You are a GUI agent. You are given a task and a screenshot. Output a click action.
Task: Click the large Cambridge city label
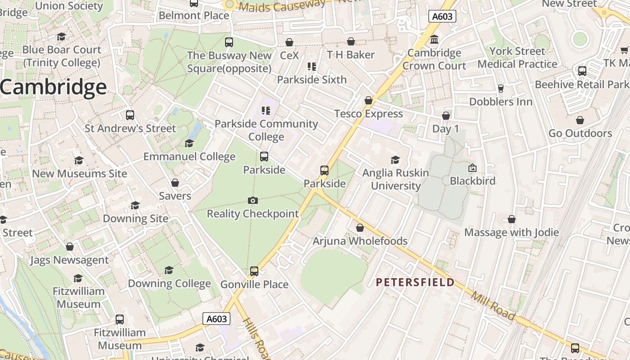tap(54, 87)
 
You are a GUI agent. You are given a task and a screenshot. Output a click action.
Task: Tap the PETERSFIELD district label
tap(415, 282)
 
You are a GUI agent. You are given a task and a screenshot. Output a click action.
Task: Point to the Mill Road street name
tap(493, 306)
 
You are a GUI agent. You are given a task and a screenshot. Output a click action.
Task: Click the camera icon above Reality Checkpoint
tap(253, 200)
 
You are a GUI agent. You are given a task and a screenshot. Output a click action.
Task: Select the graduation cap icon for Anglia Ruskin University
tap(396, 160)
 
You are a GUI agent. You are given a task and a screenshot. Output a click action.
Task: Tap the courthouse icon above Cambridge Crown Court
tap(434, 40)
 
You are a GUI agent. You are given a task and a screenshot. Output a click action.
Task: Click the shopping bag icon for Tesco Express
tap(369, 100)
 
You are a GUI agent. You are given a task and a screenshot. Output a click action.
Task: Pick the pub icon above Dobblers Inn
tap(500, 88)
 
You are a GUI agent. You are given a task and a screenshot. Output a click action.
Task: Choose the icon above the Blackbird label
tap(472, 168)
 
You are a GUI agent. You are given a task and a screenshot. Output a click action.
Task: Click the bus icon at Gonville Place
tap(254, 271)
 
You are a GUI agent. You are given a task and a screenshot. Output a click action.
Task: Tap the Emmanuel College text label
tap(189, 157)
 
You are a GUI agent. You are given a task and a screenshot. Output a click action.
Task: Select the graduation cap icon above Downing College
tap(169, 270)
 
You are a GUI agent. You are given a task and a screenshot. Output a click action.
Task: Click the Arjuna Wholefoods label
tap(360, 241)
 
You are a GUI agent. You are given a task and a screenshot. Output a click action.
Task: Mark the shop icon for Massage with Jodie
tap(512, 219)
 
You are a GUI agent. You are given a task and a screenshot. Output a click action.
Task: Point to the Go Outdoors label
tap(580, 133)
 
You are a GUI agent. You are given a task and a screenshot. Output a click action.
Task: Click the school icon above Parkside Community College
tap(266, 110)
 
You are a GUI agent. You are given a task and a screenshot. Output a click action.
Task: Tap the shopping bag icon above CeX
tap(289, 42)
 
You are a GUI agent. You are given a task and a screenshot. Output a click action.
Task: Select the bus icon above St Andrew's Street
tap(130, 115)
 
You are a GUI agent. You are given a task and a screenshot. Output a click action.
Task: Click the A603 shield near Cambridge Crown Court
tap(442, 17)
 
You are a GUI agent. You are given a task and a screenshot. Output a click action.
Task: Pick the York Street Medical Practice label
tap(517, 58)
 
